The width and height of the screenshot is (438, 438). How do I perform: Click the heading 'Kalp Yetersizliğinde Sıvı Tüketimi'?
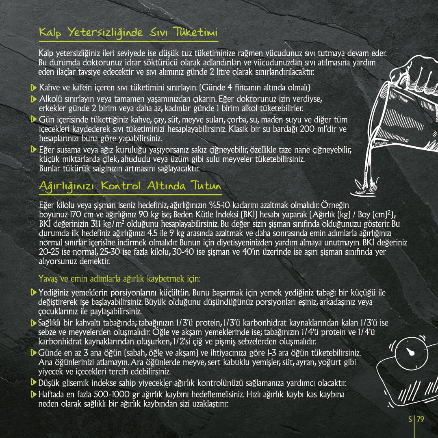pyautogui.click(x=128, y=32)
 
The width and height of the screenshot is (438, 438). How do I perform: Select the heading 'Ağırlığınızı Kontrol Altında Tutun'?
pyautogui.click(x=130, y=186)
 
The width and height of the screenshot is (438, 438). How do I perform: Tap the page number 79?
pyautogui.click(x=420, y=419)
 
